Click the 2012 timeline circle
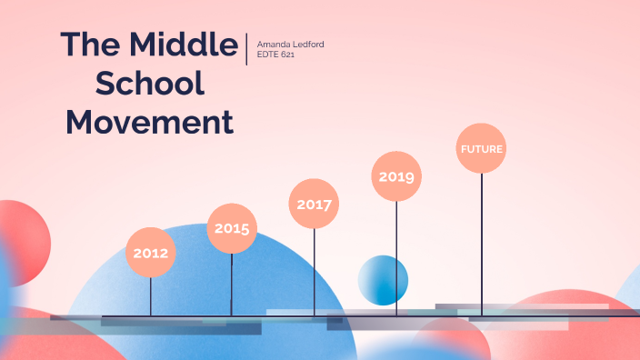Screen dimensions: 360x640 pyautogui.click(x=150, y=253)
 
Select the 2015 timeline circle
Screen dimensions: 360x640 pyautogui.click(x=232, y=228)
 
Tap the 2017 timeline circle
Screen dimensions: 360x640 pyautogui.click(x=314, y=204)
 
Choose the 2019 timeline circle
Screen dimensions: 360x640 pyautogui.click(x=396, y=176)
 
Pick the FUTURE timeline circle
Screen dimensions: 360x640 pyautogui.click(x=481, y=148)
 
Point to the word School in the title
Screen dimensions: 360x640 pyautogui.click(x=150, y=84)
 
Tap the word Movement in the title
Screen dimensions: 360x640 pyautogui.click(x=150, y=122)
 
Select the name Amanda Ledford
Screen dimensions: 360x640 pyautogui.click(x=291, y=44)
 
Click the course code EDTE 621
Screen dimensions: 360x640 pyautogui.click(x=276, y=55)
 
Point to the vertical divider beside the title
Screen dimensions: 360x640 pyautogui.click(x=246, y=49)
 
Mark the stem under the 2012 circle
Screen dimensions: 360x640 pyautogui.click(x=151, y=296)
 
